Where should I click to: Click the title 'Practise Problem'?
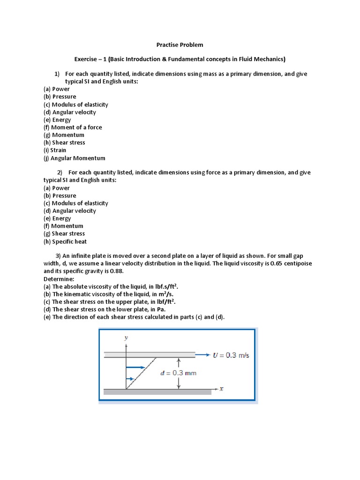[x=180, y=45]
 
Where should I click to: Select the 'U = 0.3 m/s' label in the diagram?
[x=231, y=355]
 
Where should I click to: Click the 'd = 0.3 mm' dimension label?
[x=178, y=373]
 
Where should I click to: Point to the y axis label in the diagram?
[x=126, y=337]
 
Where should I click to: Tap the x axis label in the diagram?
[x=221, y=389]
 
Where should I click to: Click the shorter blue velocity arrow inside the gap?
[x=132, y=378]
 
